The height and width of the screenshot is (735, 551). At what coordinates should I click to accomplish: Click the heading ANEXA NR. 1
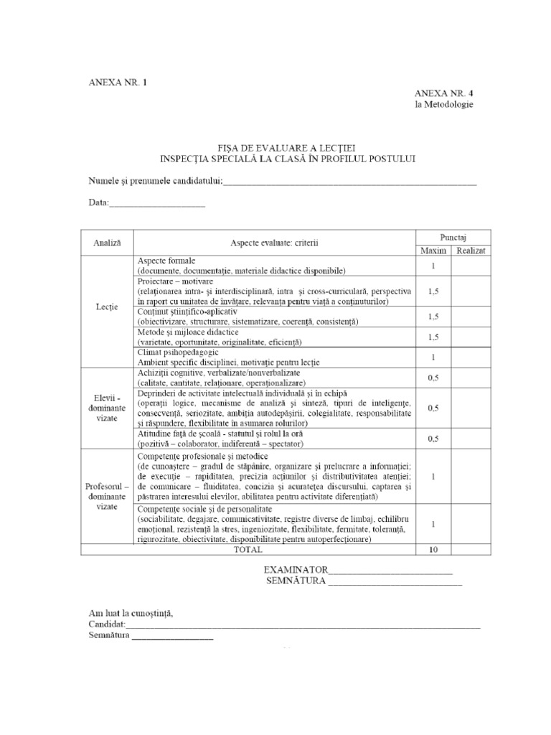point(119,82)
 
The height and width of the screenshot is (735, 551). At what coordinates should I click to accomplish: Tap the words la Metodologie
point(443,105)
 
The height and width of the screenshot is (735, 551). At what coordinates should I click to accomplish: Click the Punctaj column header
point(454,236)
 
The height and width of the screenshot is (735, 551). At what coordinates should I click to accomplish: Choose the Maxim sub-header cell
point(433,250)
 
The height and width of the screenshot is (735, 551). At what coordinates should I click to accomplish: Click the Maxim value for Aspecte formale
point(433,266)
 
